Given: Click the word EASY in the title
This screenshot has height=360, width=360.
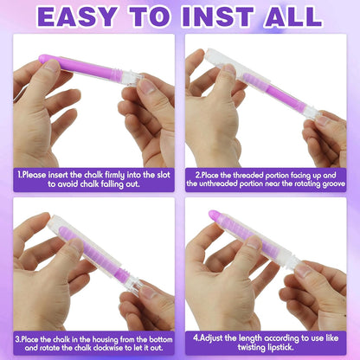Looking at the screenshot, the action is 78,16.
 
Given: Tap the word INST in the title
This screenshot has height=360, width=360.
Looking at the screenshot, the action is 218,16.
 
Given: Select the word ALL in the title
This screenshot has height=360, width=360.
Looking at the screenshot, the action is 293,16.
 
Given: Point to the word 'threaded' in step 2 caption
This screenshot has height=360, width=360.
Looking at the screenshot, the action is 247,175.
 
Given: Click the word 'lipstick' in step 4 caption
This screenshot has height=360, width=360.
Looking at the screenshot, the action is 280,347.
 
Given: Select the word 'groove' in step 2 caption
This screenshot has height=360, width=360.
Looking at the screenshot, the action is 334,183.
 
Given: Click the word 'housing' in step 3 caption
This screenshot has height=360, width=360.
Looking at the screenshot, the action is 105,339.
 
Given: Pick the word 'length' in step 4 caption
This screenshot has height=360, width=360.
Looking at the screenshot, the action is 251,338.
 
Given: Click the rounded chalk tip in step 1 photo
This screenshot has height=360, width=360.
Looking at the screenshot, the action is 43,59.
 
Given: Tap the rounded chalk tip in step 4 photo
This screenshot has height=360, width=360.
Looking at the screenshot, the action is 214,215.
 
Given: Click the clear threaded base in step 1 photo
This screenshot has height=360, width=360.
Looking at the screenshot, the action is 132,77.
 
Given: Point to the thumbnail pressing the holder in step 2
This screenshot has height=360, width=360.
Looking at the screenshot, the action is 230,69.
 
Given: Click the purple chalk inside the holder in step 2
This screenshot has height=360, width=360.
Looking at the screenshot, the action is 274,93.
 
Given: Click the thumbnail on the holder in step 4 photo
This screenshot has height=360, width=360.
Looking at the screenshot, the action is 254,243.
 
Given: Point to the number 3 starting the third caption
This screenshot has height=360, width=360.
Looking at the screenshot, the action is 17,339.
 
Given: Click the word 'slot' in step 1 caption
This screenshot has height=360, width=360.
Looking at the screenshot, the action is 164,175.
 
